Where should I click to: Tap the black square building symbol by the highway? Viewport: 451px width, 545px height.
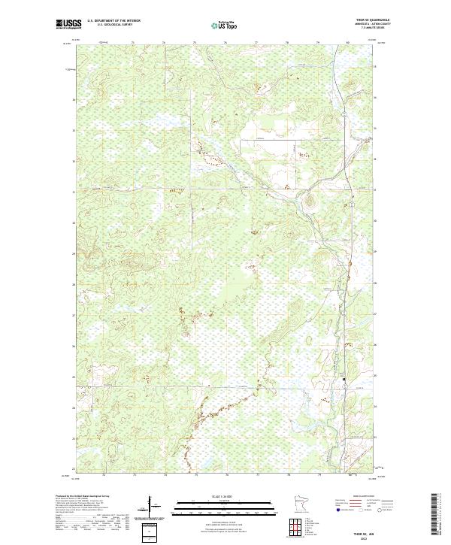(345, 380)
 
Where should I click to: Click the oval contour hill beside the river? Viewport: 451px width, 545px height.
(307, 200)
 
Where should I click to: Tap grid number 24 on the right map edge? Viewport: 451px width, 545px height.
(376, 407)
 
